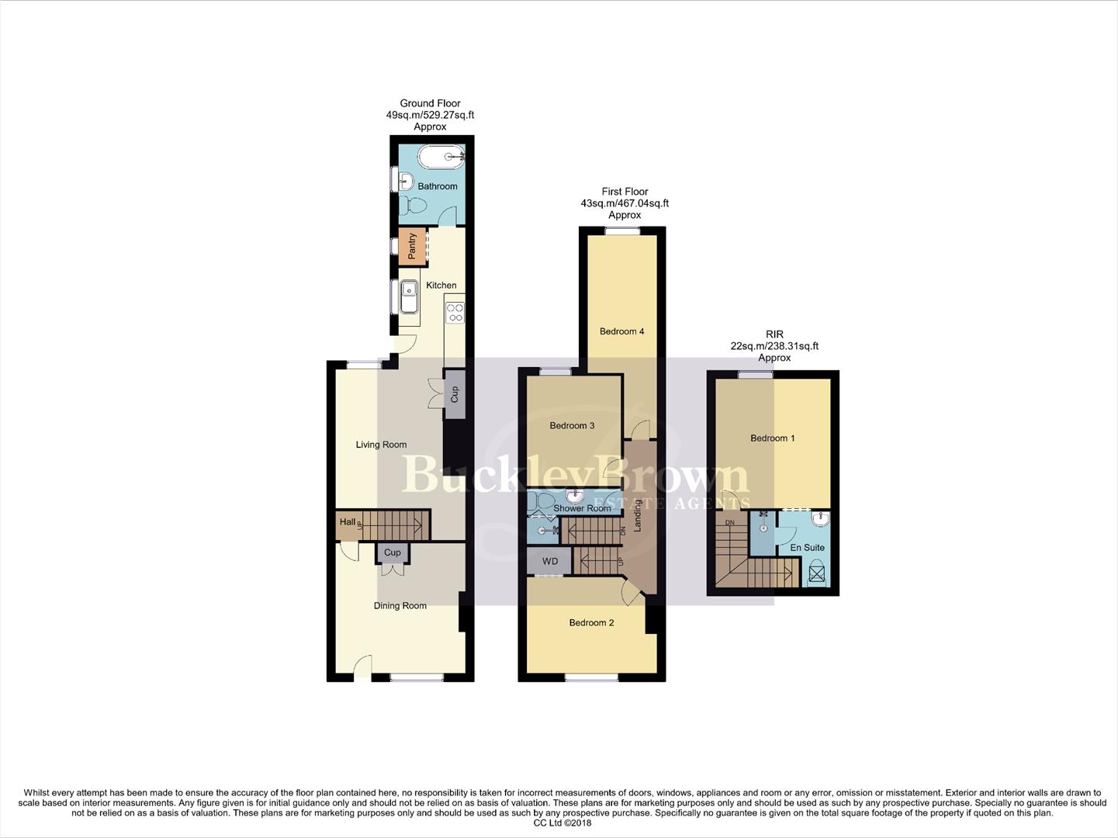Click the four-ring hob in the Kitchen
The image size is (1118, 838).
pyautogui.click(x=455, y=312)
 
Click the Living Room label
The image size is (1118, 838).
pyautogui.click(x=381, y=445)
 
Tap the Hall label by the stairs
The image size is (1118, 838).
pyautogui.click(x=348, y=522)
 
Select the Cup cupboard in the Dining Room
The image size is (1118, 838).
pyautogui.click(x=393, y=552)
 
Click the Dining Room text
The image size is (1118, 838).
pyautogui.click(x=400, y=606)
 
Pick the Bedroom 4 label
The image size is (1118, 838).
pyautogui.click(x=621, y=331)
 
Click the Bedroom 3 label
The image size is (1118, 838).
pyautogui.click(x=572, y=425)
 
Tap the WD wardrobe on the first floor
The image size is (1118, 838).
pyautogui.click(x=549, y=561)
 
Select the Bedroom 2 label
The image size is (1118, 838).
pyautogui.click(x=591, y=622)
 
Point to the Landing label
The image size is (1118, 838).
pyautogui.click(x=637, y=515)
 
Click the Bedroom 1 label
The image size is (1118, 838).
pyautogui.click(x=772, y=438)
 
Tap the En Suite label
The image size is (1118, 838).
pyautogui.click(x=807, y=547)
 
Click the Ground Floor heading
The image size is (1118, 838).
pyautogui.click(x=430, y=103)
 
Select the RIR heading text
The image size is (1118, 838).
pyautogui.click(x=774, y=334)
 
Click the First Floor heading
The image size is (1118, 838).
pyautogui.click(x=625, y=192)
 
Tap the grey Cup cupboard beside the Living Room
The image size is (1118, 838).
pyautogui.click(x=455, y=394)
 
